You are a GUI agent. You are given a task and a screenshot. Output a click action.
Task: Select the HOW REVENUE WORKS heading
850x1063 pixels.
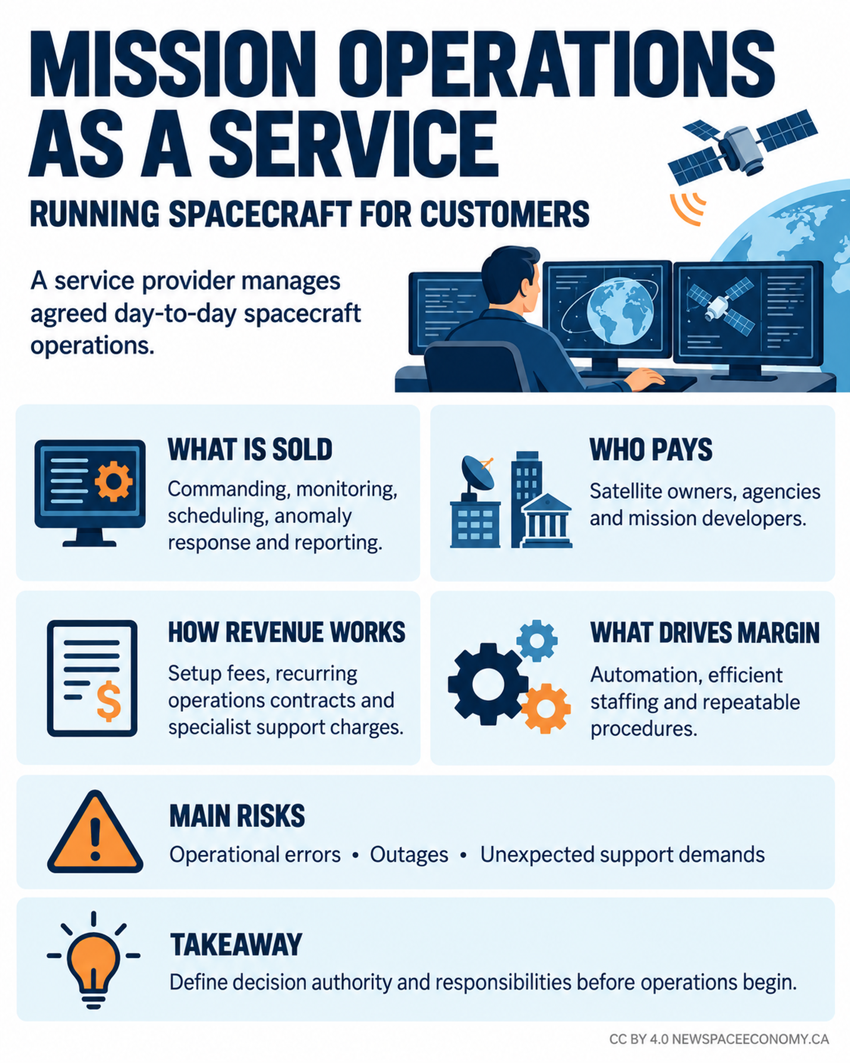click(x=287, y=632)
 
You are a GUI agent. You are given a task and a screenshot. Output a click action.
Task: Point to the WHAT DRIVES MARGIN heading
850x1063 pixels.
click(x=705, y=633)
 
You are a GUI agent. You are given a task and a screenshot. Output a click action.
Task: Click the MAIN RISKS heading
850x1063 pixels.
click(x=237, y=816)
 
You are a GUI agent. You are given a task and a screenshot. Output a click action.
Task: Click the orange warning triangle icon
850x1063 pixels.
click(x=95, y=832)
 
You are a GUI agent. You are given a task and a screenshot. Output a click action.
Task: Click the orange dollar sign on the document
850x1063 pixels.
click(x=109, y=701)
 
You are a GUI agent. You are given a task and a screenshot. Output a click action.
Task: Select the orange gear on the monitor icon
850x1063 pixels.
click(x=114, y=481)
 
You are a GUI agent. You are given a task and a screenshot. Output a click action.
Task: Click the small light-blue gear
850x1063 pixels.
click(x=537, y=640)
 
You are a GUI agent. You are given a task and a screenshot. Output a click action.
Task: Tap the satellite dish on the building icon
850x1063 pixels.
click(x=477, y=474)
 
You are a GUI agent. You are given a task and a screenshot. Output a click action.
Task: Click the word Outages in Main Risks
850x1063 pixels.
click(x=409, y=855)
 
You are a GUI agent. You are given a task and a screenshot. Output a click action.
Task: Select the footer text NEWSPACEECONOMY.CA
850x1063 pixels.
click(x=750, y=1039)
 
